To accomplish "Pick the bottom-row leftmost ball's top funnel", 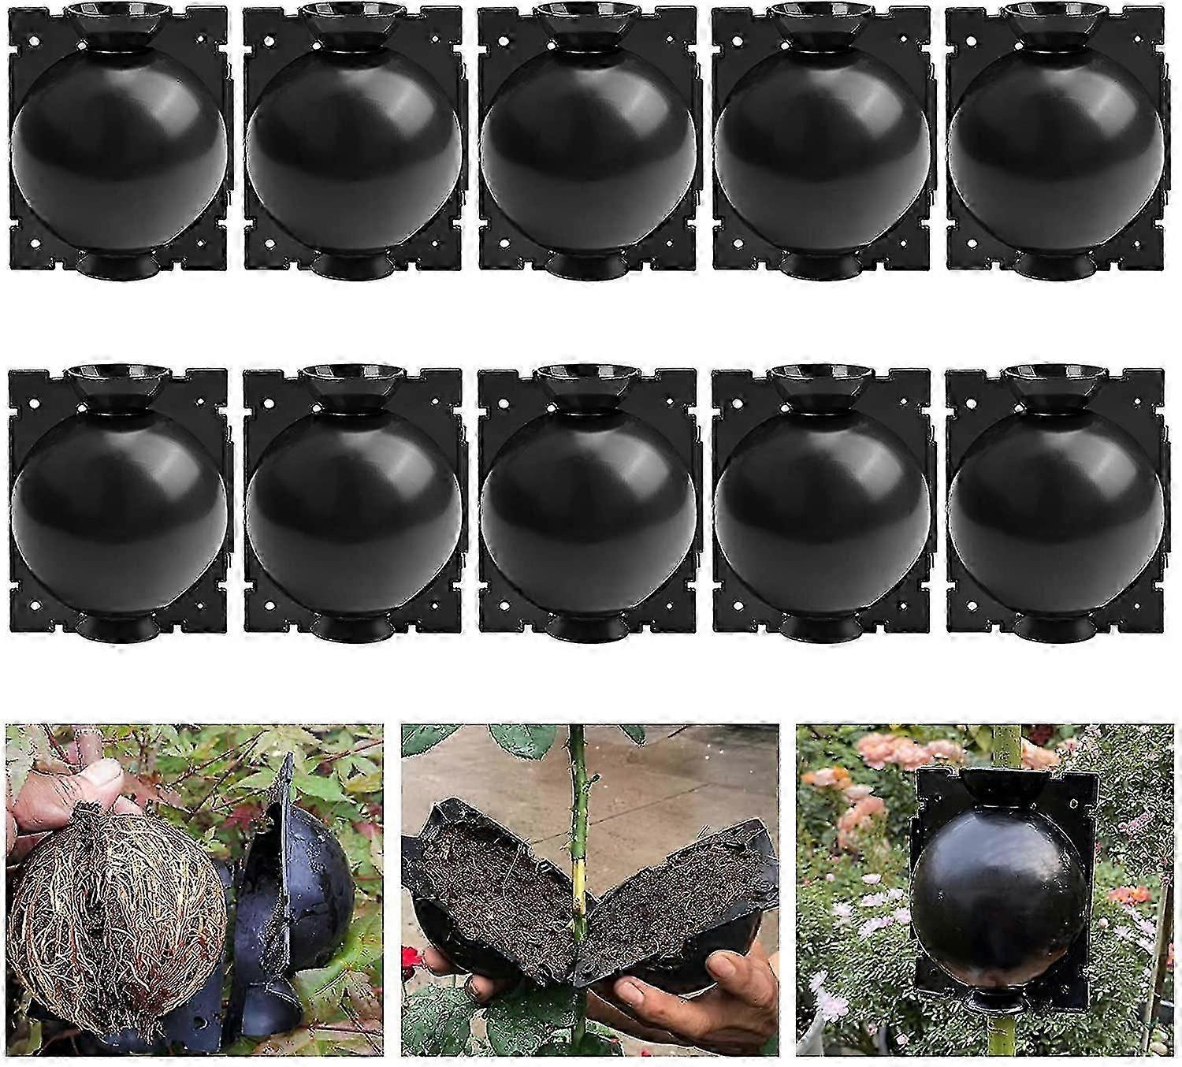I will [118, 382].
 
